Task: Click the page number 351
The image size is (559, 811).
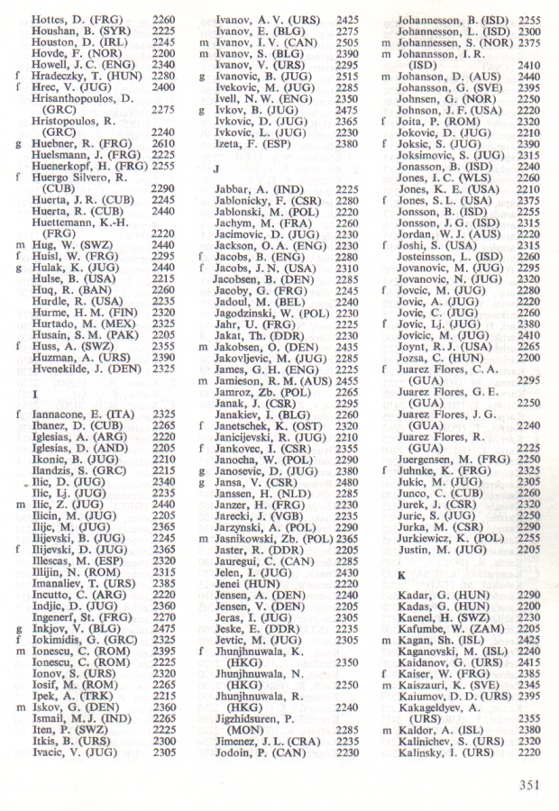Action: (528, 785)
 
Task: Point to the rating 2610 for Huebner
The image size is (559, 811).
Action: (163, 142)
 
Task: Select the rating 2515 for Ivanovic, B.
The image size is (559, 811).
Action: (346, 77)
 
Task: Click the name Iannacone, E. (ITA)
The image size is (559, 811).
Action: (82, 414)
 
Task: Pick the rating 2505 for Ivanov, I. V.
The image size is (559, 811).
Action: (346, 41)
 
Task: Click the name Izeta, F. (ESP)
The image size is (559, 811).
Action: (250, 143)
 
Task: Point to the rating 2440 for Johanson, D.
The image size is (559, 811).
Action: (529, 77)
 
